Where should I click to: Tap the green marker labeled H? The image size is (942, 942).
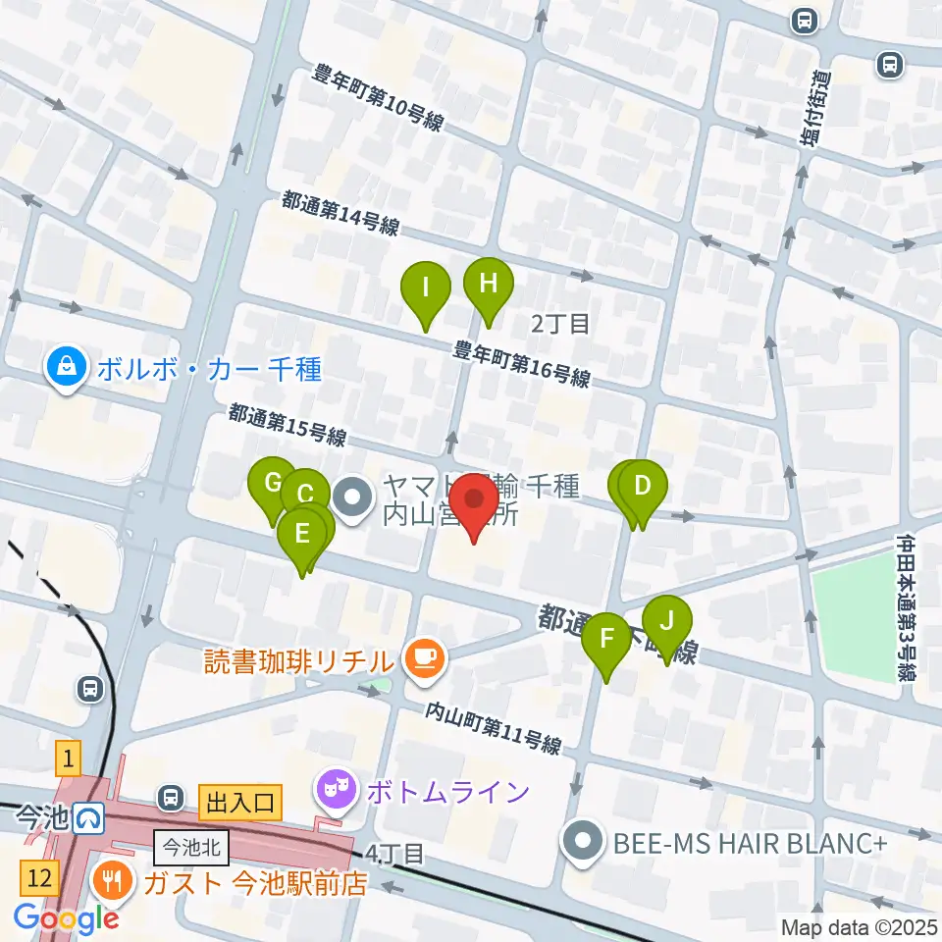tap(489, 286)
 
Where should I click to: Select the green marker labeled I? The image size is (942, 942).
tap(426, 289)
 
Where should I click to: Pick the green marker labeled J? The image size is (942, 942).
tap(667, 623)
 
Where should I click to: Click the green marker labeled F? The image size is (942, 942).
tap(606, 640)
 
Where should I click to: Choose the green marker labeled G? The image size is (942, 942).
tap(272, 484)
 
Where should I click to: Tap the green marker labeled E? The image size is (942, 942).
tap(301, 536)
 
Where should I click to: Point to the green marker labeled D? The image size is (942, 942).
tap(643, 488)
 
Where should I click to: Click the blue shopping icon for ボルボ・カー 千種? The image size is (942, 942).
tap(65, 369)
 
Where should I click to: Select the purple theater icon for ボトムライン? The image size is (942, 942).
tap(336, 791)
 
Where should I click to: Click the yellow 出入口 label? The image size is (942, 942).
tap(240, 804)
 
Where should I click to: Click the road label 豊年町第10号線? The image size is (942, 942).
tap(378, 98)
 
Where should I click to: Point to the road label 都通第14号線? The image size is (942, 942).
tap(340, 213)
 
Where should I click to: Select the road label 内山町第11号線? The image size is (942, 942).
tap(493, 728)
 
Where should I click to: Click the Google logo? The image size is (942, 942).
tap(67, 917)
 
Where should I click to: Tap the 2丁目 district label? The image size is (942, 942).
tap(559, 322)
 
